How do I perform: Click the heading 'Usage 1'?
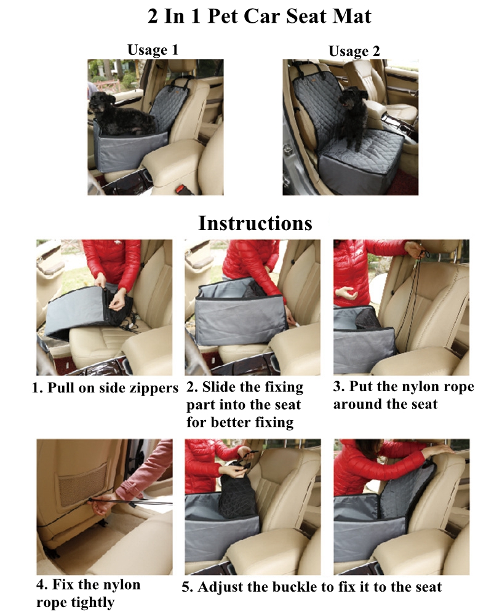[153, 50]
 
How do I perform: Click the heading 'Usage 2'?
[354, 51]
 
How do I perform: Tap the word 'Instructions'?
[255, 223]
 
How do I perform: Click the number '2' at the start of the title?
[153, 17]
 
